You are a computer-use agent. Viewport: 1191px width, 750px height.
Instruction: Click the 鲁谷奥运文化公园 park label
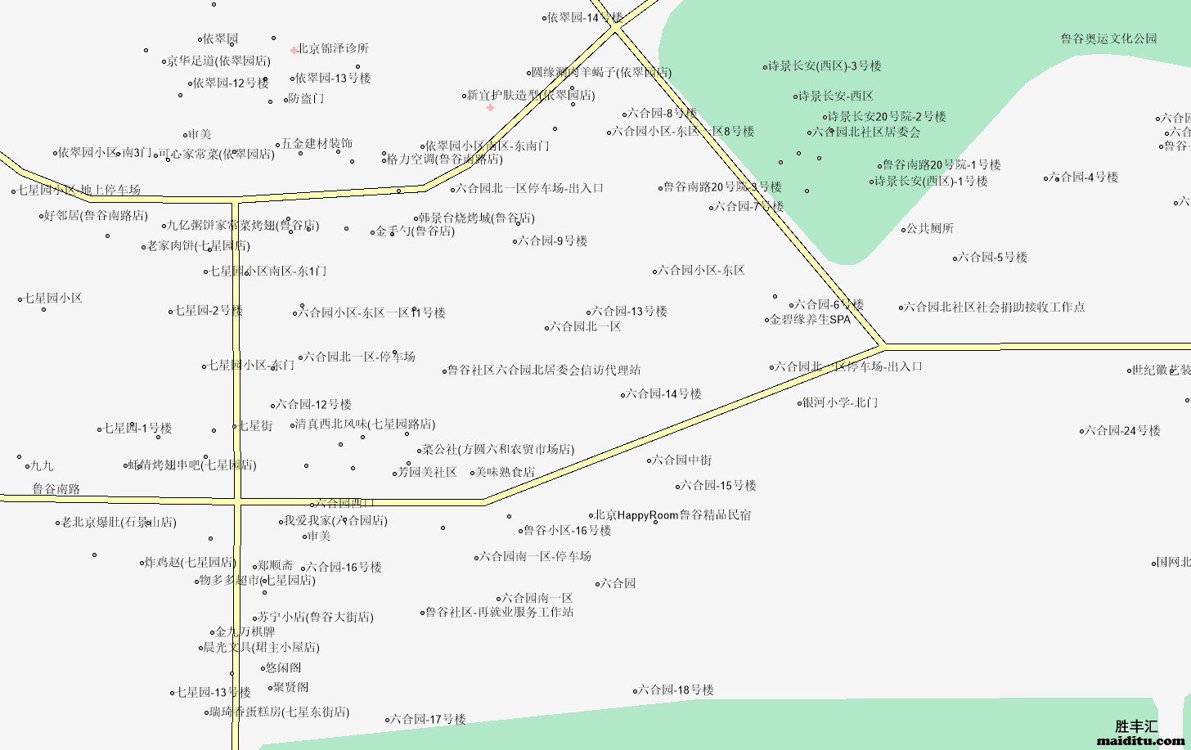click(x=1108, y=38)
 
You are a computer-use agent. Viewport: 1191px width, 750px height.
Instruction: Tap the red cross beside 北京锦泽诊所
click(x=294, y=50)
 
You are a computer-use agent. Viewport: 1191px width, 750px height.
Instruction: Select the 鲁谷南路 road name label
click(x=56, y=489)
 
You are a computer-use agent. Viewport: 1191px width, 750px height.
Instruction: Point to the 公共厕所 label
click(x=929, y=229)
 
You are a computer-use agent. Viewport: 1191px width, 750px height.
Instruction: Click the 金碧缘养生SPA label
click(x=810, y=320)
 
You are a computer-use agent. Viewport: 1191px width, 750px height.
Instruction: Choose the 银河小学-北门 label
click(x=839, y=402)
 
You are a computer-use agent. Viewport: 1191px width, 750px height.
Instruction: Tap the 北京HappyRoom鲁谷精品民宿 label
click(x=672, y=515)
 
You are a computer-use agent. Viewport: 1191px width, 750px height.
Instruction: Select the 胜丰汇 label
click(x=1136, y=725)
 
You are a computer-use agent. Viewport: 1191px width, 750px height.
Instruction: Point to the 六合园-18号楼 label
click(x=676, y=690)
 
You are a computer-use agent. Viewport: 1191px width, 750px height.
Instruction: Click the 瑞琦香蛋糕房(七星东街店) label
click(x=280, y=712)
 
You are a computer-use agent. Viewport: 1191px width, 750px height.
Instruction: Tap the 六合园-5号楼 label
click(x=992, y=258)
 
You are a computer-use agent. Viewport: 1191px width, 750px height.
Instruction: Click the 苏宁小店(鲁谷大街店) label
click(x=316, y=618)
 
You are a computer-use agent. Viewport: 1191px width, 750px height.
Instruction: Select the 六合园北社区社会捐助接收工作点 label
click(x=995, y=308)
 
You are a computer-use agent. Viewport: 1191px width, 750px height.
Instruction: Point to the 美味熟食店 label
click(x=505, y=472)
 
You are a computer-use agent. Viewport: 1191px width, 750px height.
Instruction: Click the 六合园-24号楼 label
click(x=1122, y=430)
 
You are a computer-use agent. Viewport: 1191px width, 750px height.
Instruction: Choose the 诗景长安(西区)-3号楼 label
click(x=825, y=66)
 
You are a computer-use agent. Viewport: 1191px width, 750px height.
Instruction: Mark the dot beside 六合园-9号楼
click(x=515, y=241)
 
